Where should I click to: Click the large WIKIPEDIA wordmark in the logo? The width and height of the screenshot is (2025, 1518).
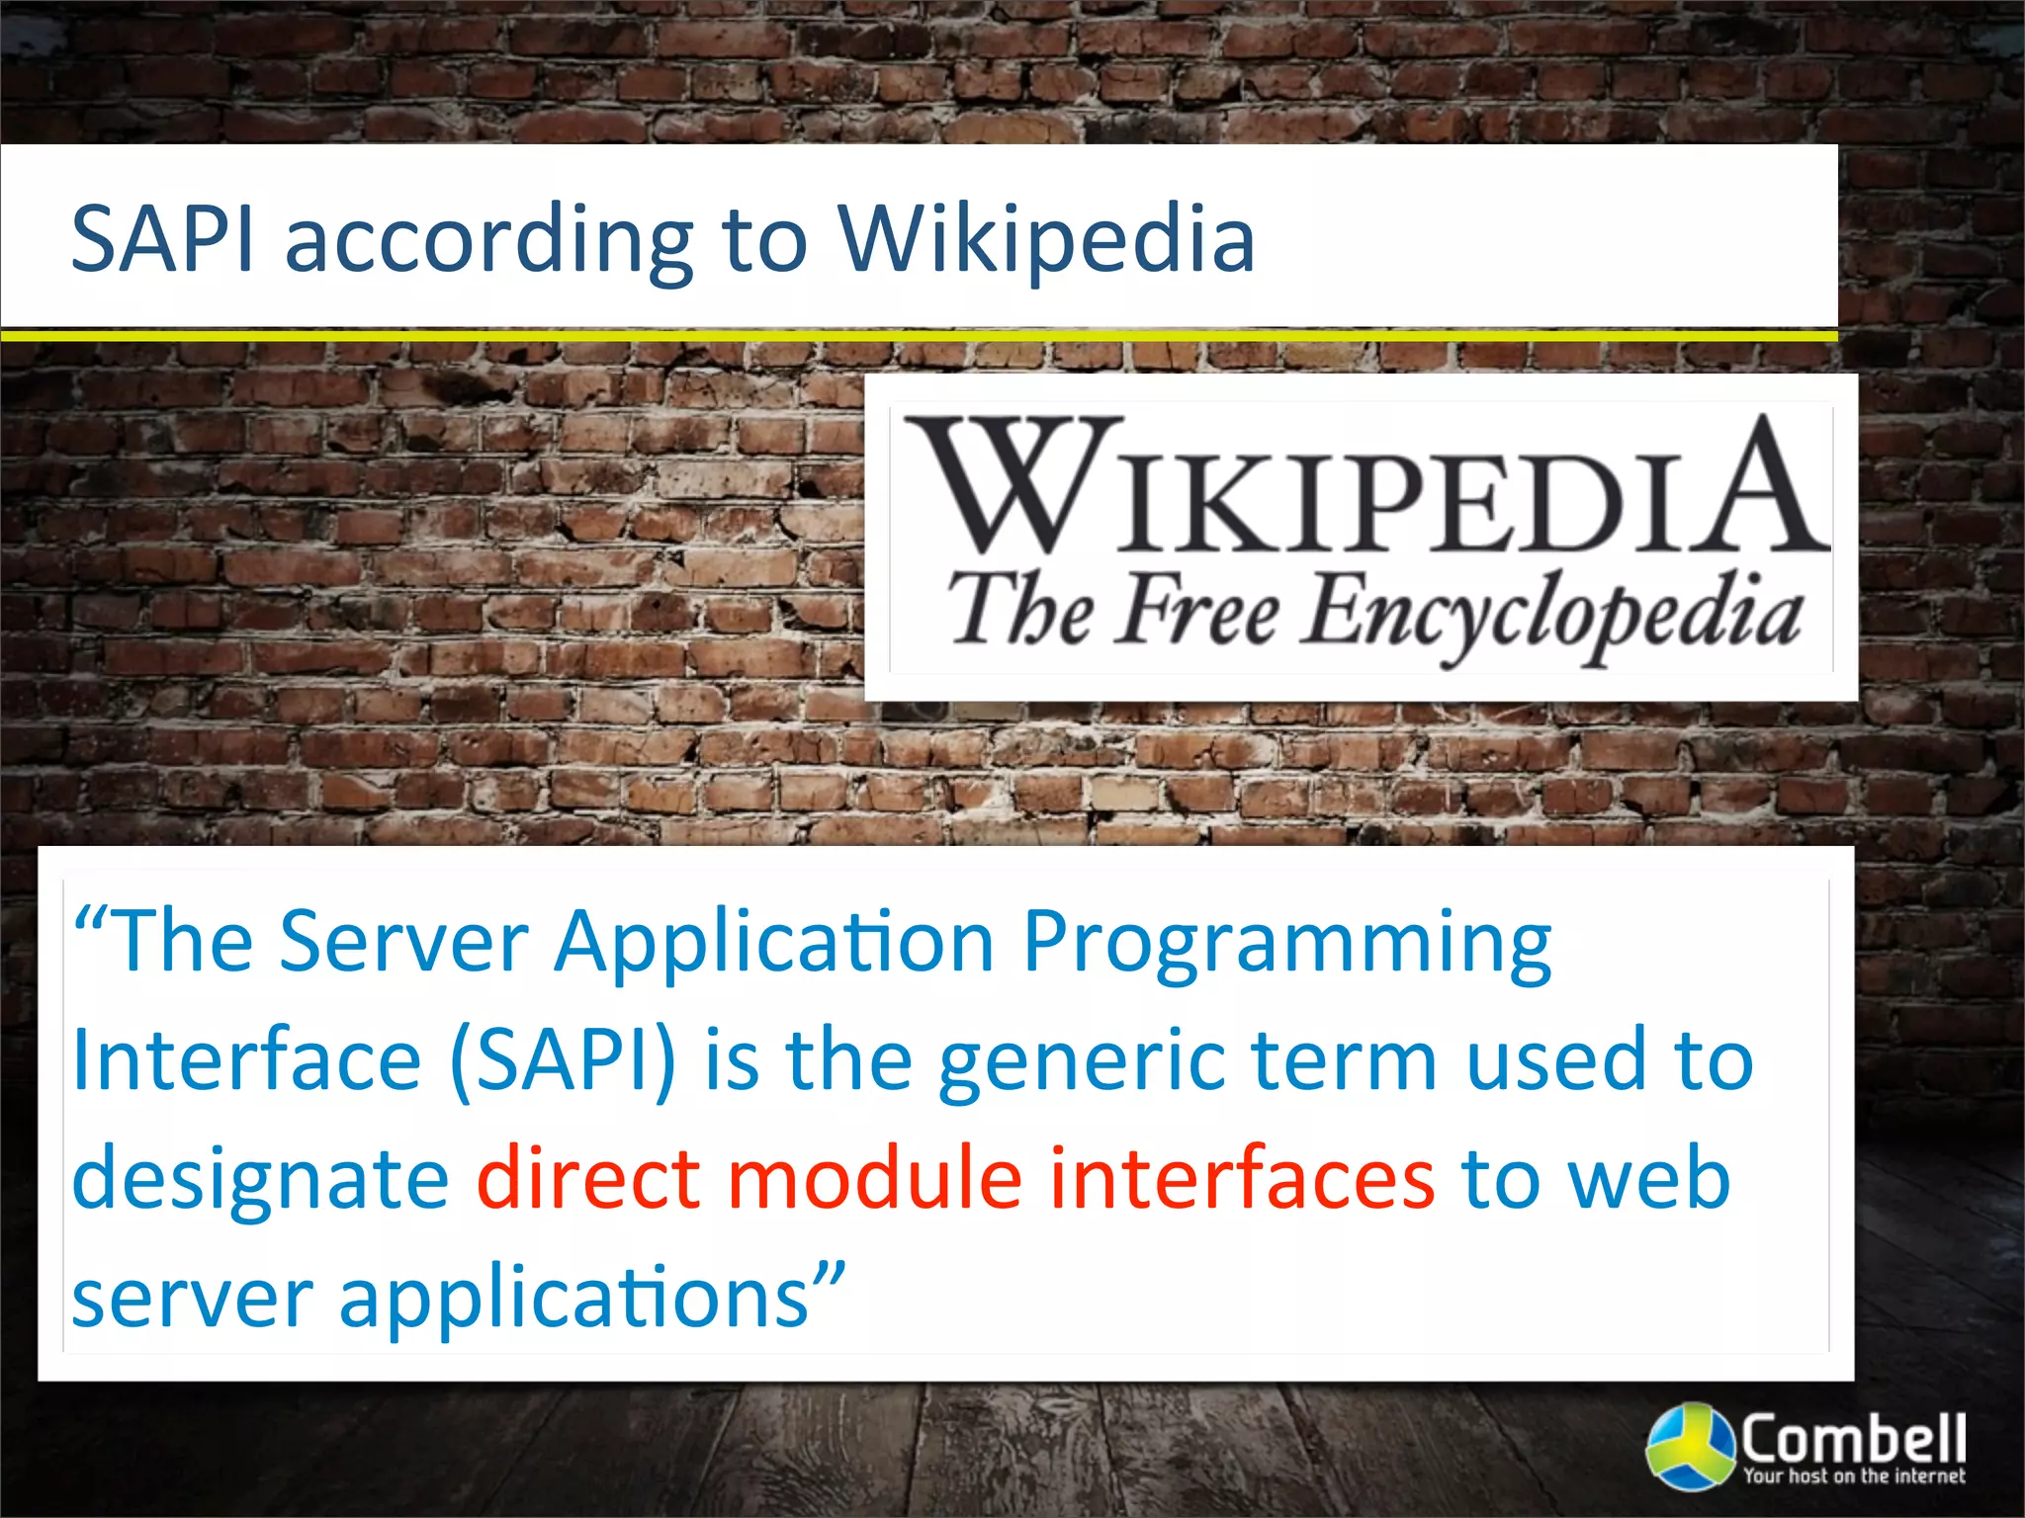(x=1365, y=487)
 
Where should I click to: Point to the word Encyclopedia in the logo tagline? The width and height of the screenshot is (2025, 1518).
(x=1550, y=615)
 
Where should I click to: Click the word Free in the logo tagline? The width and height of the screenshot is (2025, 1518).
(x=1198, y=611)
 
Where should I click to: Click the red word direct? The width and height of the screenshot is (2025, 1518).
(x=588, y=1178)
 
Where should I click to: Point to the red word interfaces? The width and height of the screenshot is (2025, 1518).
(x=1241, y=1178)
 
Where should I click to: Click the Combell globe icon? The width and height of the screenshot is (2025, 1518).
(x=1690, y=1446)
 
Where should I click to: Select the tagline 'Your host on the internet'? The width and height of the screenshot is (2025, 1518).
(x=1854, y=1476)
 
